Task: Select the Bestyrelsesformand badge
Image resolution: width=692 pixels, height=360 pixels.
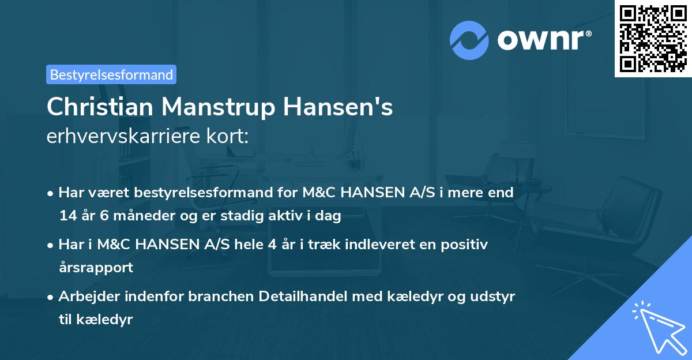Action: pyautogui.click(x=111, y=74)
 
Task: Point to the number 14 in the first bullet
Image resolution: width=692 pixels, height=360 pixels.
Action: pyautogui.click(x=67, y=216)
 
